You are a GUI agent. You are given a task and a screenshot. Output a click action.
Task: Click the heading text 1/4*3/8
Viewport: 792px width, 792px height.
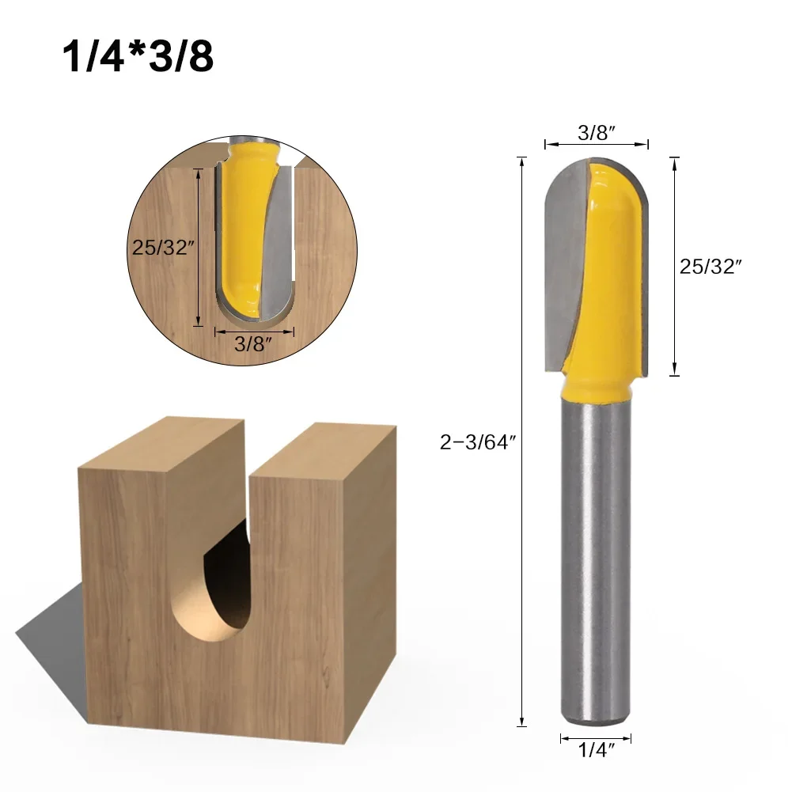(x=137, y=57)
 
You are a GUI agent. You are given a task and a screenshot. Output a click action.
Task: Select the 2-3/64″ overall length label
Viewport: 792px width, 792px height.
(x=478, y=443)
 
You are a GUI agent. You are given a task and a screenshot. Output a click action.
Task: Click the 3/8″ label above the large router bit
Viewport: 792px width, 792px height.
(x=597, y=132)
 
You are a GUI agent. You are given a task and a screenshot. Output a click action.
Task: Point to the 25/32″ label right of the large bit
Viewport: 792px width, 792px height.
(x=711, y=267)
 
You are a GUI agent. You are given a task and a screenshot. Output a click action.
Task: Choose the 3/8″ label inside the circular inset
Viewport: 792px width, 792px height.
(x=253, y=344)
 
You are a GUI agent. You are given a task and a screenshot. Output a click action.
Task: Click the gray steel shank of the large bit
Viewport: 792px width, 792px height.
(x=596, y=554)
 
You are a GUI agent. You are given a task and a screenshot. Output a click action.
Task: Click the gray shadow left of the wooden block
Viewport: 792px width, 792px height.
(x=47, y=625)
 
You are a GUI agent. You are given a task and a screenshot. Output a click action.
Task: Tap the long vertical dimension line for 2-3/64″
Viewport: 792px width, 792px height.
(x=521, y=443)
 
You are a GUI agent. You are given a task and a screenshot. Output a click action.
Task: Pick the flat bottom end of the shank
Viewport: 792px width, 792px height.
(x=596, y=722)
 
